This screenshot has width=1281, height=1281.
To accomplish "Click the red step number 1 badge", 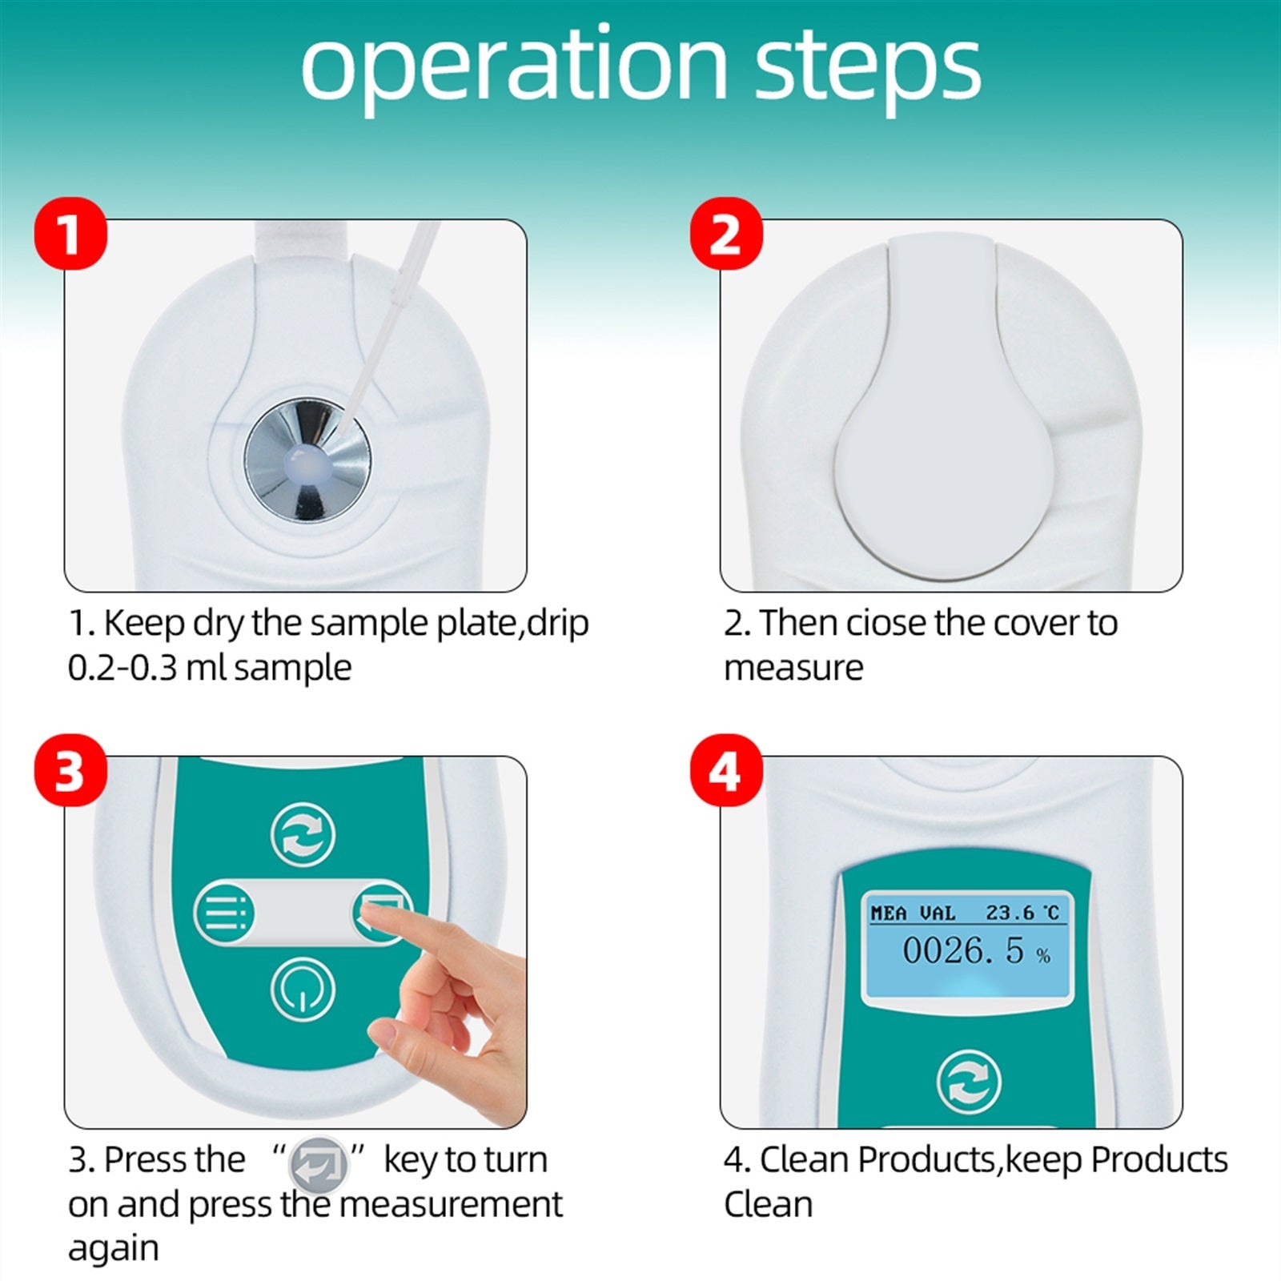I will point(70,234).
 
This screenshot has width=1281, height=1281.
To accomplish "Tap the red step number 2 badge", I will point(726,234).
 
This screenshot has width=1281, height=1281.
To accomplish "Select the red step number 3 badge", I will point(70,771).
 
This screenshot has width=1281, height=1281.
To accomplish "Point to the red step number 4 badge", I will point(726,771).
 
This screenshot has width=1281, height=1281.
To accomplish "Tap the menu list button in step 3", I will point(225,913).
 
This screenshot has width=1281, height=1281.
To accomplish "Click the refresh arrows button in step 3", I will point(302,836).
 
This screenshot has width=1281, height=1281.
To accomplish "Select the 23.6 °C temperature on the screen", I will point(1022,913).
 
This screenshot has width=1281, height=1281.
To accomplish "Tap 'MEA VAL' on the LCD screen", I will point(913,913).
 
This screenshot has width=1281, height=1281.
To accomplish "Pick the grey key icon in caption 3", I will point(318,1162).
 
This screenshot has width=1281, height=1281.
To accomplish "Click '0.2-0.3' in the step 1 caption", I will point(122,668).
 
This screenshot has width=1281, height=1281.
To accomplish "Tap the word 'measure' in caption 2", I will point(793,668).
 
